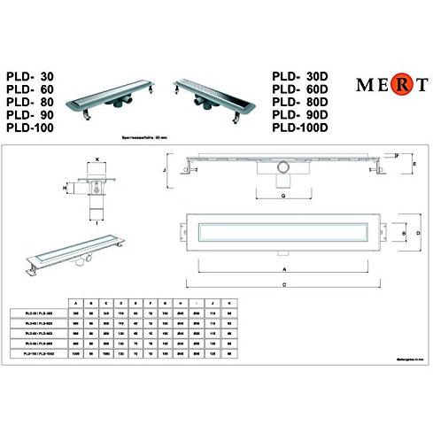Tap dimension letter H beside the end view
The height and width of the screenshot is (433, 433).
click(x=66, y=189)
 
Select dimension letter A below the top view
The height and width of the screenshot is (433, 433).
click(x=283, y=267)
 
